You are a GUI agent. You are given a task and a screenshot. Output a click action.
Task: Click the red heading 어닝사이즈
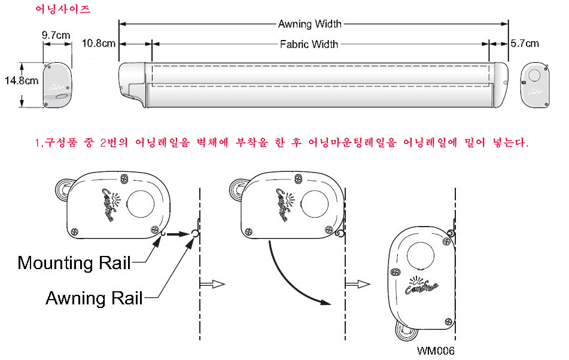(x=57, y=10)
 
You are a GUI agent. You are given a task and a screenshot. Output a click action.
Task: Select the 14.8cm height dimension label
(x=22, y=80)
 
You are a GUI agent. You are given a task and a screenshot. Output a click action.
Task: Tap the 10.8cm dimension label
(x=99, y=44)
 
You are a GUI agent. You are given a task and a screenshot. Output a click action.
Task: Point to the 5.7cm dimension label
(x=524, y=44)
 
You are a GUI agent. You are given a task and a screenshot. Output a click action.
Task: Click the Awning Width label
(x=310, y=25)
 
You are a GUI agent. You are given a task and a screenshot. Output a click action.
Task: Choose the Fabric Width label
(x=309, y=44)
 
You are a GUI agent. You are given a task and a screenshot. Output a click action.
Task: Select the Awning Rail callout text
(x=94, y=298)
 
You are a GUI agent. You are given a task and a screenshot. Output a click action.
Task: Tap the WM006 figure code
(x=437, y=351)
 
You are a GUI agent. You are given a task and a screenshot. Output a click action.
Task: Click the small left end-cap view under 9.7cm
(x=57, y=86)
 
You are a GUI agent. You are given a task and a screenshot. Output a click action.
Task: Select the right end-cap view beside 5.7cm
(x=534, y=85)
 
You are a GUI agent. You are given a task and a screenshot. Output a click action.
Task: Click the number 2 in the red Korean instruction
(x=104, y=144)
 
